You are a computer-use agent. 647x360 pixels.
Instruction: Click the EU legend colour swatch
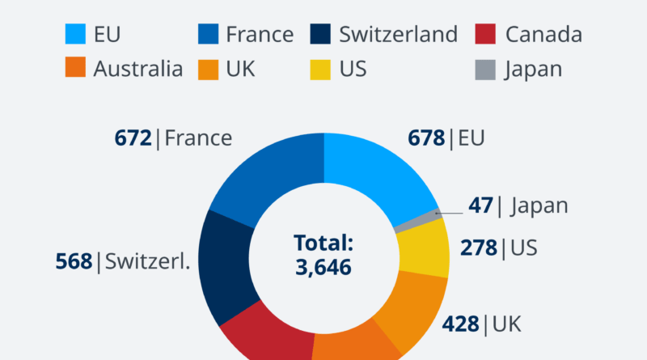pyautogui.click(x=75, y=35)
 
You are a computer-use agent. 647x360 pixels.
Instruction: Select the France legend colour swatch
pyautogui.click(x=208, y=35)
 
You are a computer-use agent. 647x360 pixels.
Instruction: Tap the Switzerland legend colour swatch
pyautogui.click(x=321, y=35)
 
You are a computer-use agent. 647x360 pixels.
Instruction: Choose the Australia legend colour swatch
pyautogui.click(x=75, y=69)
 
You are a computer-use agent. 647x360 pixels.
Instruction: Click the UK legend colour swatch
pyautogui.click(x=208, y=69)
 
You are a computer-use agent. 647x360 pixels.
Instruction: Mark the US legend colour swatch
pyautogui.click(x=321, y=69)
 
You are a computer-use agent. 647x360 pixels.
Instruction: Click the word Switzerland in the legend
pyautogui.click(x=399, y=35)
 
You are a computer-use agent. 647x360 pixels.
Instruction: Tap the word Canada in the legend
pyautogui.click(x=543, y=35)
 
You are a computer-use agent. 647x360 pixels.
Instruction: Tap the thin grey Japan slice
pyautogui.click(x=417, y=221)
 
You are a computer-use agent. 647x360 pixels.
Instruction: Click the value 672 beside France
pyautogui.click(x=133, y=138)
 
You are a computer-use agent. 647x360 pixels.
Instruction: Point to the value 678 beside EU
pyautogui.click(x=426, y=138)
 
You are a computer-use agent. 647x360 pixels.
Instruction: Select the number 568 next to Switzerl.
pyautogui.click(x=74, y=262)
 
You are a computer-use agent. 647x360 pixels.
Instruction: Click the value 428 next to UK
pyautogui.click(x=461, y=325)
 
